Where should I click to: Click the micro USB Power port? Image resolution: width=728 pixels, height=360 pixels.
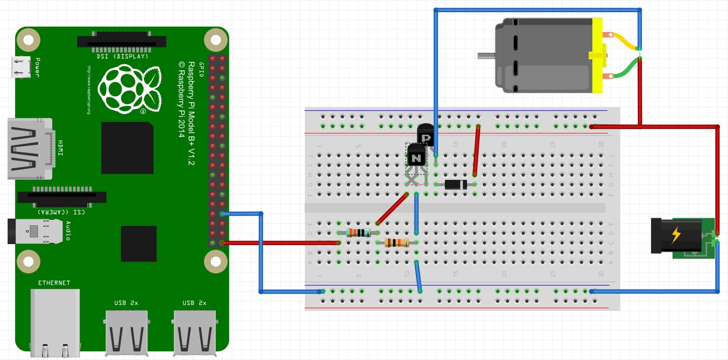click(21, 67)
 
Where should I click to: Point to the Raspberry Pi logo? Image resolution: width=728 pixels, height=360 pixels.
click(129, 90)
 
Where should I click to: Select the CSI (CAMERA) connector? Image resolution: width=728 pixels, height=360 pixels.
click(62, 199)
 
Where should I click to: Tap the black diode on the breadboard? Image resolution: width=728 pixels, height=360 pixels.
click(455, 184)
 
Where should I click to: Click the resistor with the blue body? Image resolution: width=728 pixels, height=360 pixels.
click(359, 233)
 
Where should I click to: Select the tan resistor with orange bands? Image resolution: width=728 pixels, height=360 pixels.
click(397, 243)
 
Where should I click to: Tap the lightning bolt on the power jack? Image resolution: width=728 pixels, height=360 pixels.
click(675, 235)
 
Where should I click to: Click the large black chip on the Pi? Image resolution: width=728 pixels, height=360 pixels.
click(127, 148)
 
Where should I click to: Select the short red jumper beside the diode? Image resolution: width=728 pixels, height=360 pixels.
click(476, 150)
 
